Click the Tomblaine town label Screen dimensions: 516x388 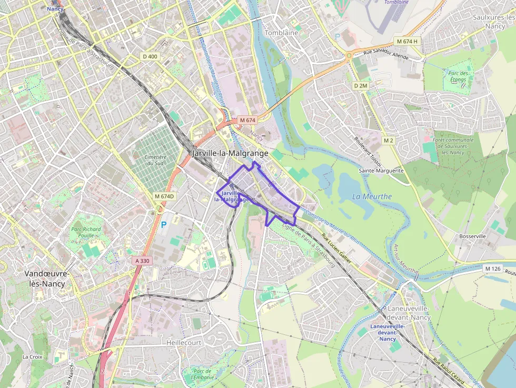[x=281, y=33]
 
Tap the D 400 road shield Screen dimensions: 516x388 [x=150, y=56]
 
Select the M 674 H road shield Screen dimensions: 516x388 [x=407, y=41]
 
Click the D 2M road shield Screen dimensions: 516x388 [x=360, y=85]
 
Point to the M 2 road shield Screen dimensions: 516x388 [x=389, y=141]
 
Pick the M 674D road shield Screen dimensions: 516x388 [x=164, y=196]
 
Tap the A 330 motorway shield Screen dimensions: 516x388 [x=142, y=261]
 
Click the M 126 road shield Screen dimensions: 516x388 [x=493, y=268]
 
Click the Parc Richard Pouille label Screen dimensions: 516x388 [x=85, y=232]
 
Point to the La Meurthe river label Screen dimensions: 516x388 [x=372, y=196]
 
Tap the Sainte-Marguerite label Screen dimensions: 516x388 [x=381, y=171]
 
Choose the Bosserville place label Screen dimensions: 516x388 [x=472, y=236]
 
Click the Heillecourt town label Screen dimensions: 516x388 [x=184, y=342]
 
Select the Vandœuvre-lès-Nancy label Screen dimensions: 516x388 [x=46, y=278]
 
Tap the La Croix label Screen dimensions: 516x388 [x=32, y=356]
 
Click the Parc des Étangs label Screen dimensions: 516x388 [x=458, y=76]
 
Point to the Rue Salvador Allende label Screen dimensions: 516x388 [x=386, y=53]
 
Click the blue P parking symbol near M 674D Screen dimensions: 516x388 [x=163, y=224]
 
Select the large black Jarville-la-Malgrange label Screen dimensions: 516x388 [x=230, y=153]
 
